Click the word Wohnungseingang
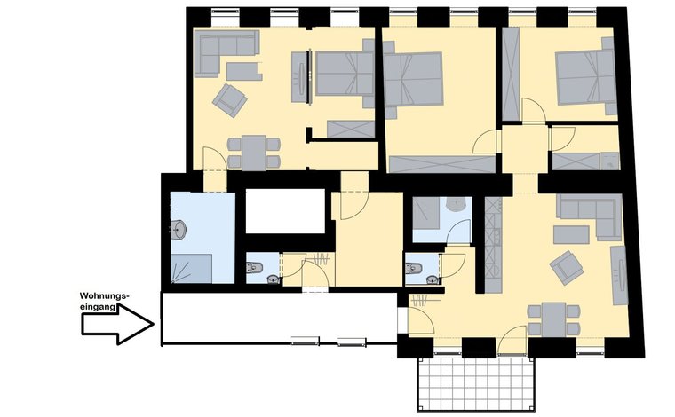click(104, 302)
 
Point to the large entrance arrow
click(117, 324)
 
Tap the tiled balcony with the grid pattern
click(476, 384)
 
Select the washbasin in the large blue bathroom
click(179, 230)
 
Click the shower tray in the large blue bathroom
click(192, 268)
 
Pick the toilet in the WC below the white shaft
click(254, 267)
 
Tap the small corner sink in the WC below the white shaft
click(273, 279)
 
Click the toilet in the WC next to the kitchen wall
click(413, 268)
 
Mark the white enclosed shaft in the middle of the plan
click(285, 211)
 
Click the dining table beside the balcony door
click(553, 319)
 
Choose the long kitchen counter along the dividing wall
click(493, 245)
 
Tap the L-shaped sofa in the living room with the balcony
click(592, 215)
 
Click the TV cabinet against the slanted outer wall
click(619, 276)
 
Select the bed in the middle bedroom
click(413, 80)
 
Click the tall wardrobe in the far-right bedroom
click(511, 74)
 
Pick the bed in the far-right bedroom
click(585, 77)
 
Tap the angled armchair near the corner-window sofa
click(230, 100)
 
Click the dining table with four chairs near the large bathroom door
click(253, 153)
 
